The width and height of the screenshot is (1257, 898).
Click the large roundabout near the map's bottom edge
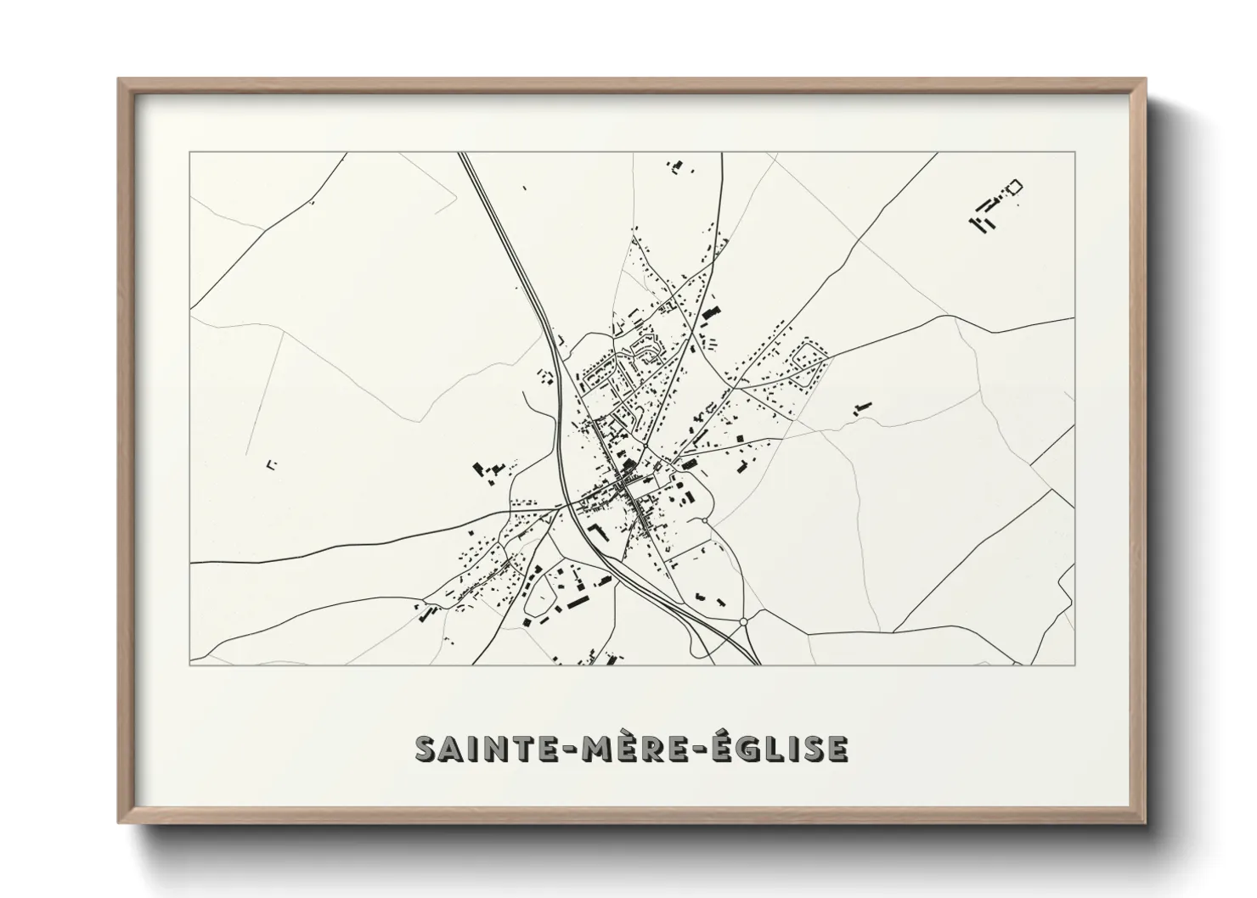743,622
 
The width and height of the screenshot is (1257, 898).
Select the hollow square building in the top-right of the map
1013,187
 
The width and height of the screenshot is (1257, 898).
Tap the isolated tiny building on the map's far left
272,463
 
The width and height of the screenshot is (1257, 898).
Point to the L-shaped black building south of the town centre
594,532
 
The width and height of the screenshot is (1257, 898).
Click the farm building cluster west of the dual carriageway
488,469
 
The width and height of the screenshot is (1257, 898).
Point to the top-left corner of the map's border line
189,153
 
